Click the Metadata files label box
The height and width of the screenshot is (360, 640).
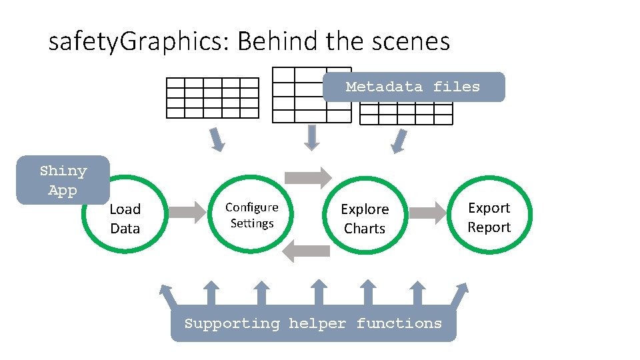click(x=413, y=87)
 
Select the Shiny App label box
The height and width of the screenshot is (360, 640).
click(x=63, y=180)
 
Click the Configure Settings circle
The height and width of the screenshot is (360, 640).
click(x=251, y=215)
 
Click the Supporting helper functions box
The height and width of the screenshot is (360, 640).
click(x=313, y=324)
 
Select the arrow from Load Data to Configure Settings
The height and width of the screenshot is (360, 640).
click(x=189, y=213)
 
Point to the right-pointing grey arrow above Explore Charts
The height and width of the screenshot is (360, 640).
click(x=307, y=177)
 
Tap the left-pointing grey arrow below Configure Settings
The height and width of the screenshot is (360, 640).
click(x=307, y=251)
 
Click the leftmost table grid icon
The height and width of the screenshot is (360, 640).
click(x=212, y=97)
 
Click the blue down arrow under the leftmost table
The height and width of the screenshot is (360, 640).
click(x=217, y=139)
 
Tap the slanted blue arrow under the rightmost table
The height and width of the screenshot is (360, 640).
click(x=399, y=141)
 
